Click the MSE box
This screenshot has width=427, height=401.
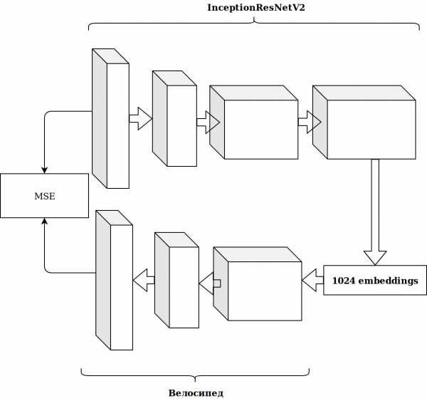(44, 195)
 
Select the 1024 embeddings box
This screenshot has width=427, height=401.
(375, 281)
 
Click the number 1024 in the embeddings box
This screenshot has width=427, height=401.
(344, 281)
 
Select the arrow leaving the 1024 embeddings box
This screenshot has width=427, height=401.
(312, 281)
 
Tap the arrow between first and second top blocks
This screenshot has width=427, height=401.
(140, 118)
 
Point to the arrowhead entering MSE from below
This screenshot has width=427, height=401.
(44, 222)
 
